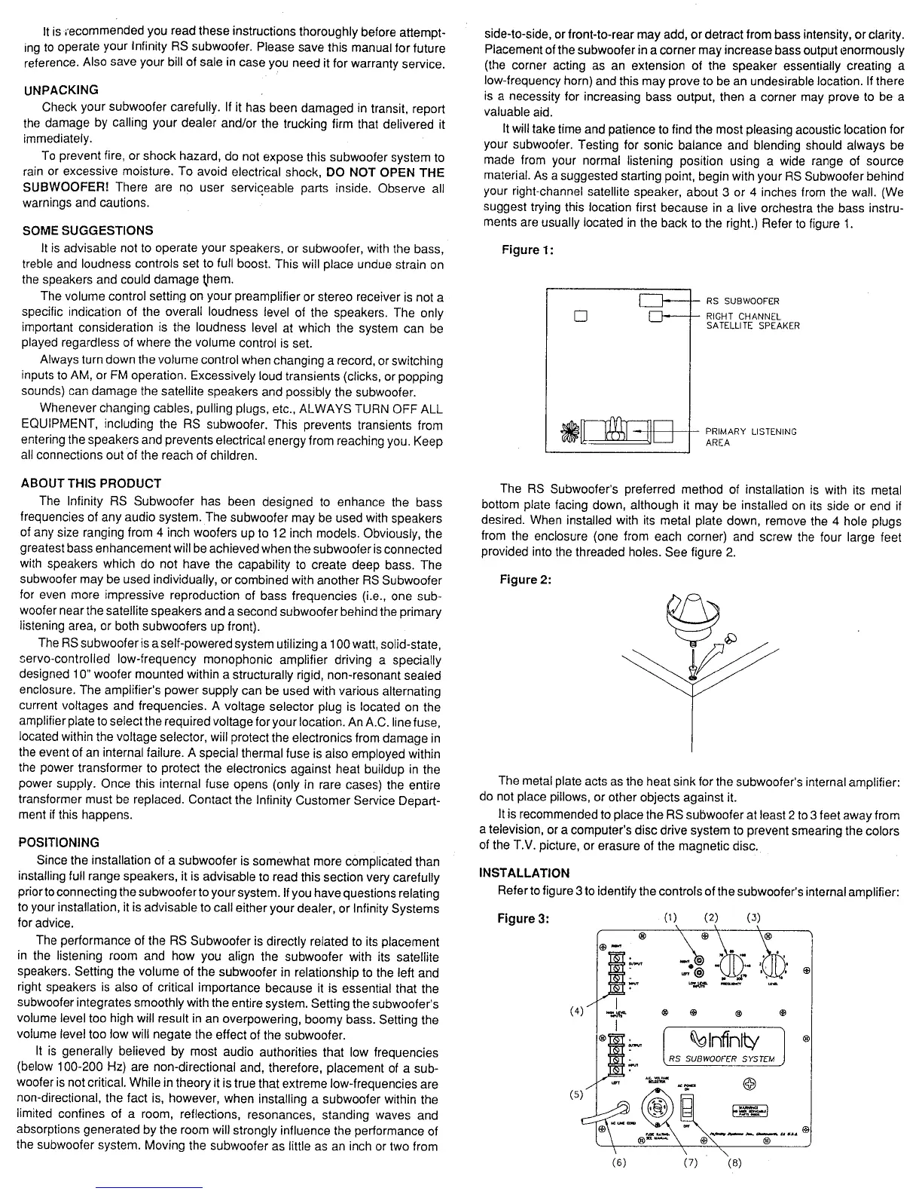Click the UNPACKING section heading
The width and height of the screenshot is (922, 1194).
click(x=61, y=90)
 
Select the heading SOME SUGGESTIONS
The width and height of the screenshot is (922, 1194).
click(x=88, y=231)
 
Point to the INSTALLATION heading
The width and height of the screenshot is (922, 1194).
click(x=524, y=873)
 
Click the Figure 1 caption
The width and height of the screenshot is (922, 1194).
click(x=527, y=250)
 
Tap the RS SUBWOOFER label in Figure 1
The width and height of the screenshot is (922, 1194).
click(x=742, y=302)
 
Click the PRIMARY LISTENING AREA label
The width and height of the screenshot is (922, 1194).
click(x=750, y=436)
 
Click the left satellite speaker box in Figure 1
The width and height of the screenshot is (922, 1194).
click(x=580, y=316)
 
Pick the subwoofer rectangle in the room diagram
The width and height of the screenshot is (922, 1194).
click(x=651, y=302)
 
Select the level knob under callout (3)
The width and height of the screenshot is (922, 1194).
click(x=775, y=965)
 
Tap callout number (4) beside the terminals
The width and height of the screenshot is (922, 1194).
click(x=578, y=1011)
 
